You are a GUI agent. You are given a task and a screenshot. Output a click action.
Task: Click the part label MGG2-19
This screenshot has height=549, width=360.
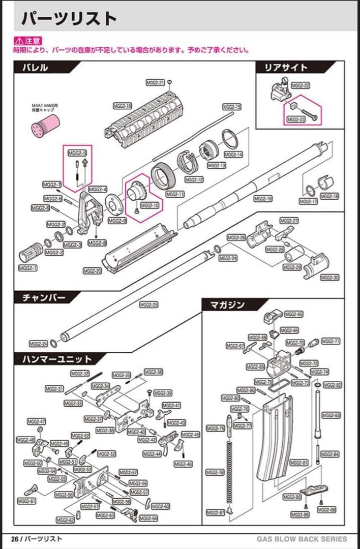point(123,106)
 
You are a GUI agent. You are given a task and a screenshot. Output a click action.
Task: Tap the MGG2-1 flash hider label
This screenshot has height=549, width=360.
point(28,267)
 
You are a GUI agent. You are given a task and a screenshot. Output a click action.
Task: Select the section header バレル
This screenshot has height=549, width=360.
point(35,68)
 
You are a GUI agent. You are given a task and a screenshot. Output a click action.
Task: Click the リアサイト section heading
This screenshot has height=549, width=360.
point(286,68)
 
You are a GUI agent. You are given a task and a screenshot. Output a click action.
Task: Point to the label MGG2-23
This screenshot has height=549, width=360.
point(296,119)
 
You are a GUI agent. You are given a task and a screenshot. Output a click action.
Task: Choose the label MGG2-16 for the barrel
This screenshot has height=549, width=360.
point(263,198)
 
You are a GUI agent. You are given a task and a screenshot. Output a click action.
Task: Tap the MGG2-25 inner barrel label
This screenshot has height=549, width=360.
point(148,304)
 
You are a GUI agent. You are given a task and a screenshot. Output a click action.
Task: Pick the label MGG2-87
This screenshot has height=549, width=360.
point(215,512)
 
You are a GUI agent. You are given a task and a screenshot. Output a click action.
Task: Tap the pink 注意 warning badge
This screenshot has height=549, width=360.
point(27,41)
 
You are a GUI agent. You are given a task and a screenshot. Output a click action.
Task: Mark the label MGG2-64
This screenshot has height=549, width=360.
point(148,518)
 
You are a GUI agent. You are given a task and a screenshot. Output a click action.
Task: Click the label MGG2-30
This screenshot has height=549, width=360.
point(329,278)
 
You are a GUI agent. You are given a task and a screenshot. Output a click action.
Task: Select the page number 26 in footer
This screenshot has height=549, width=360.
point(15,539)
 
